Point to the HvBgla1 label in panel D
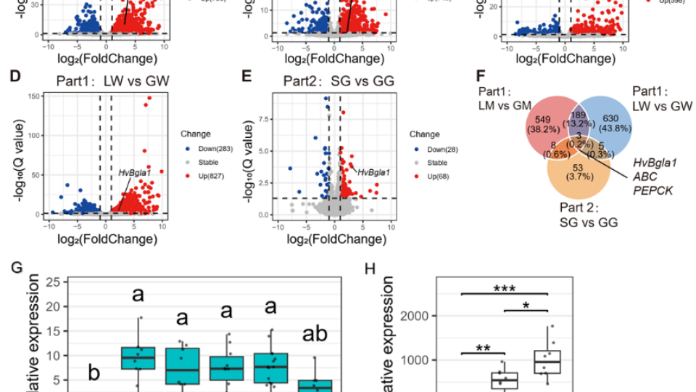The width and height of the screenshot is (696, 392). pos(134,172)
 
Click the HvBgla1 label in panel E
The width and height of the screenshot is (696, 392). pos(373,172)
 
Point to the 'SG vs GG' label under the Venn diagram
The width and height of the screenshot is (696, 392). pos(589,223)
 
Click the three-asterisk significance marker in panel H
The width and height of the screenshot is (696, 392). pos(505,287)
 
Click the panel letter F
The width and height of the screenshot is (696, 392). pos(480,76)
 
